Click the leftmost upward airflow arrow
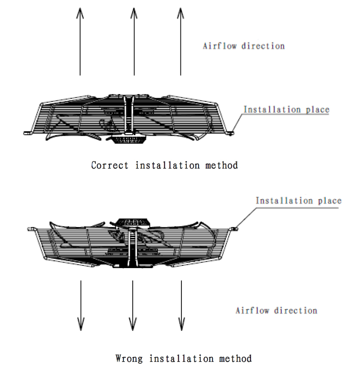[80, 41]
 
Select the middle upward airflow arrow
[134, 41]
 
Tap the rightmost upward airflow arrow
[180, 41]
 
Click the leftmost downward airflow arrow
[81, 305]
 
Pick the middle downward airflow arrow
[133, 305]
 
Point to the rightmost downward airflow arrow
[181, 305]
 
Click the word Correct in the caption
[110, 165]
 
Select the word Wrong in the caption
[129, 359]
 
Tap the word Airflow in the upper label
[220, 46]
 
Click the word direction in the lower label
[296, 310]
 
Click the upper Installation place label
[286, 109]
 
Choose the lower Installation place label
[298, 200]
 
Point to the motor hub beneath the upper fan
[129, 140]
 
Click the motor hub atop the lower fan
[133, 223]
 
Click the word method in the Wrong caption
[235, 359]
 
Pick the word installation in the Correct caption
[167, 165]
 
